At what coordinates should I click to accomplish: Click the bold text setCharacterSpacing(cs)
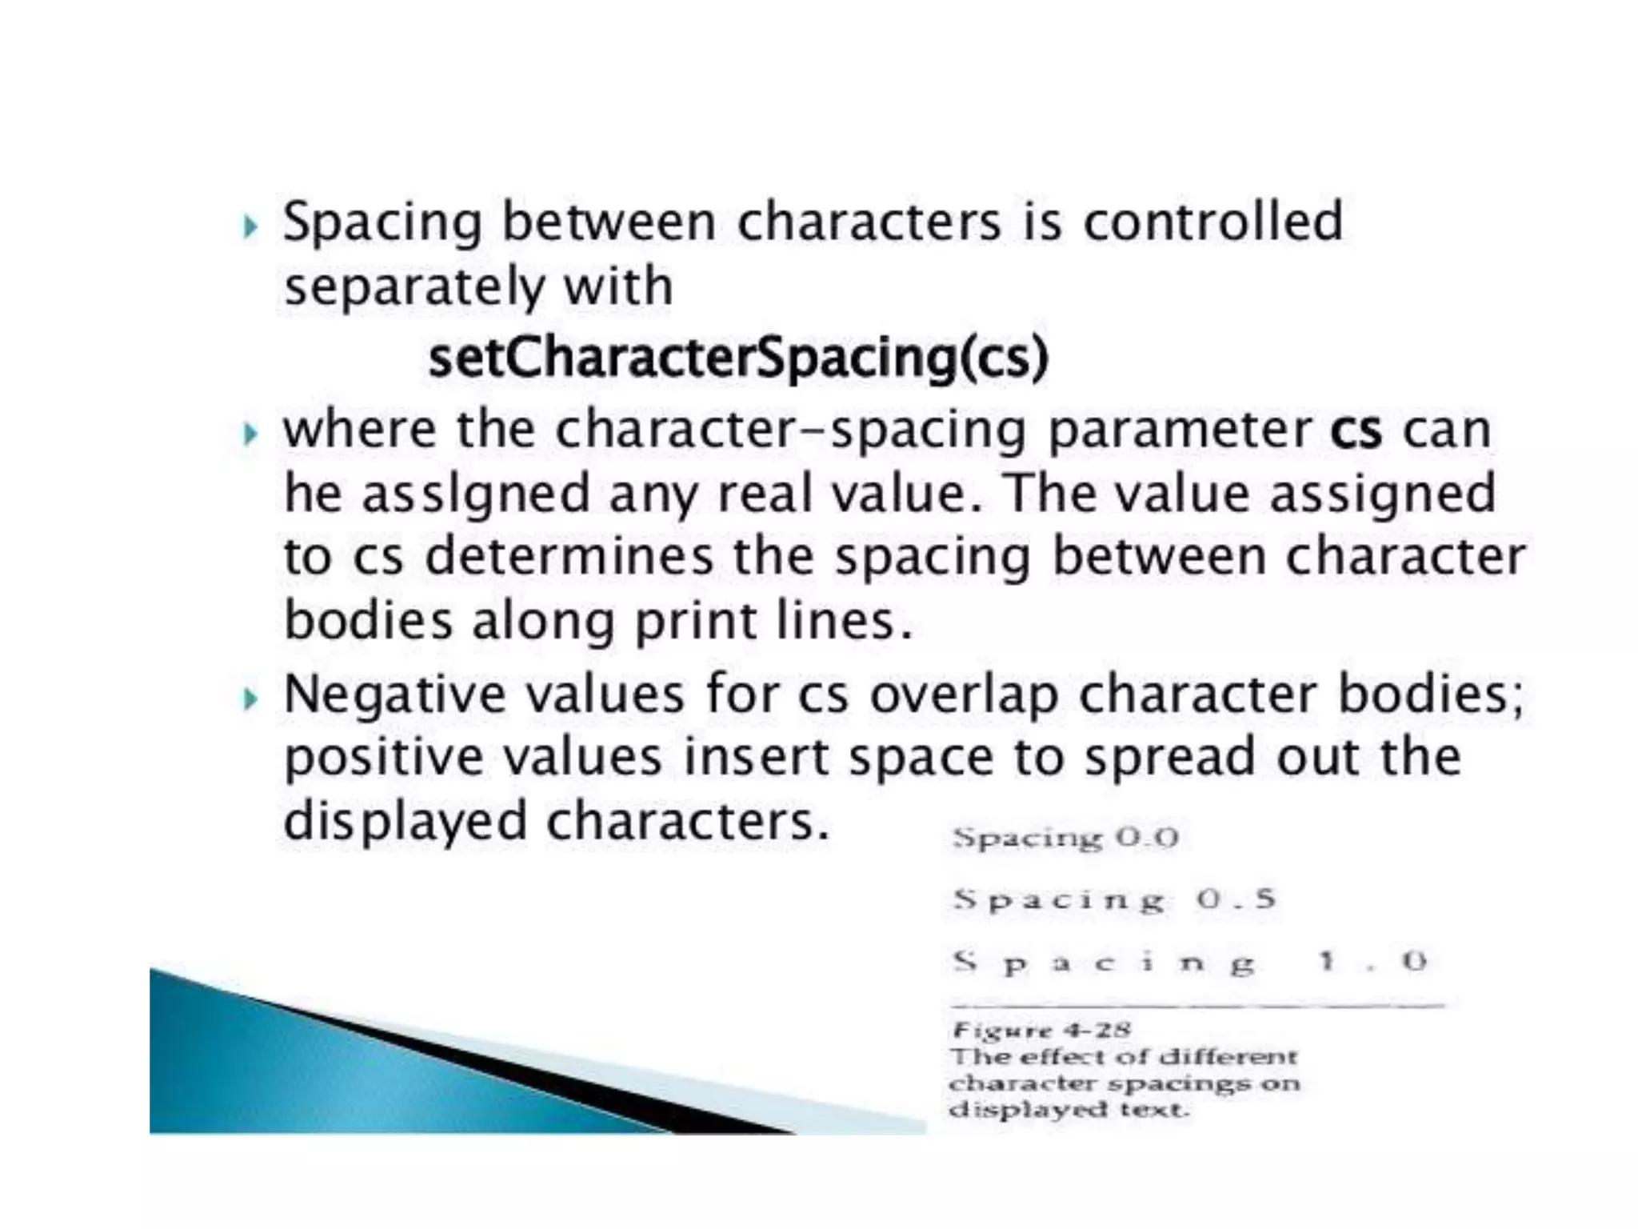[737, 358]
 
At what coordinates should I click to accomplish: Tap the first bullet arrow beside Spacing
[250, 226]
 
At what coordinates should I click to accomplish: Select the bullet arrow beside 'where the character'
[250, 434]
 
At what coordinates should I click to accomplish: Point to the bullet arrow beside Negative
[250, 699]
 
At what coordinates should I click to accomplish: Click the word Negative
[394, 694]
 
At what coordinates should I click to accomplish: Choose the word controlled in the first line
[1213, 222]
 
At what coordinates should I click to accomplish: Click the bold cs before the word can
[1356, 431]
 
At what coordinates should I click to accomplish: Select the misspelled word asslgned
[475, 494]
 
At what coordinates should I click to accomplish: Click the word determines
[569, 557]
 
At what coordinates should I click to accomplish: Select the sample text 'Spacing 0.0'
[1065, 839]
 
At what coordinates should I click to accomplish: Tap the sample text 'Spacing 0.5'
[1114, 900]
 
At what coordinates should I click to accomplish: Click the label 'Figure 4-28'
[1041, 1031]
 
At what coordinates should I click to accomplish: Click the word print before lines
[695, 622]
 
